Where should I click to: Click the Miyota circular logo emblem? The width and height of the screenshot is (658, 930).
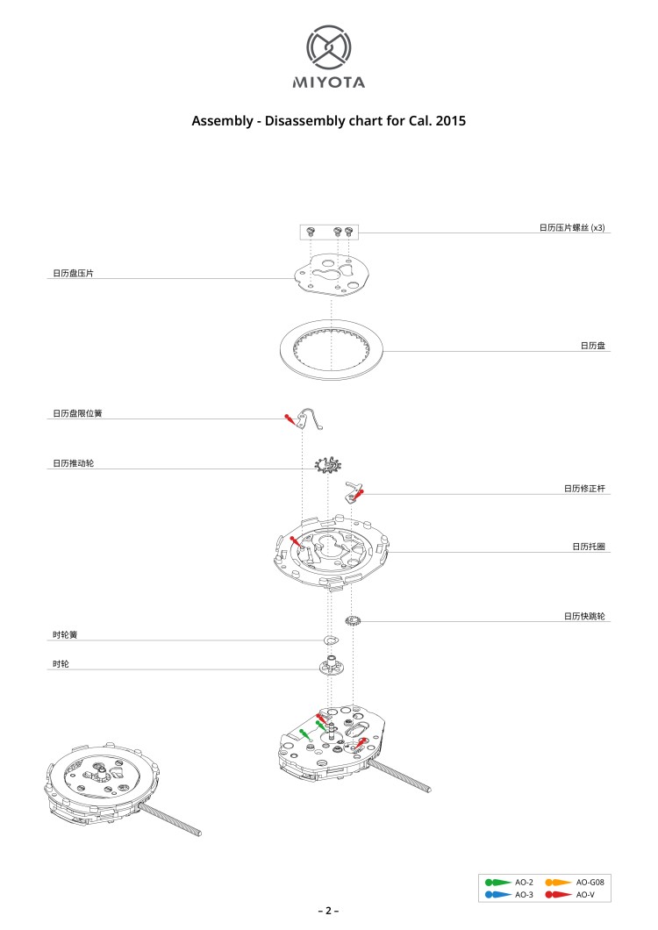click(x=329, y=47)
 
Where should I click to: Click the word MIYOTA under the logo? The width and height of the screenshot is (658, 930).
click(x=329, y=82)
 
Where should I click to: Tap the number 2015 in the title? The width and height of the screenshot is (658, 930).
click(x=450, y=121)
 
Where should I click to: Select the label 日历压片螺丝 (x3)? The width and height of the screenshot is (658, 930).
click(x=572, y=228)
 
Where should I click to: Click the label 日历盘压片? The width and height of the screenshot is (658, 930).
click(x=73, y=274)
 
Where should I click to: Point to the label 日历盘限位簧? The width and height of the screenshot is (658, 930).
click(x=77, y=413)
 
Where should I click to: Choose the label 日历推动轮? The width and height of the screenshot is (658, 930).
click(x=73, y=463)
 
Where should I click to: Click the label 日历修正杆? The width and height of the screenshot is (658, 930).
click(x=584, y=489)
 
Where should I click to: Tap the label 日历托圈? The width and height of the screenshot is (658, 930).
click(x=589, y=547)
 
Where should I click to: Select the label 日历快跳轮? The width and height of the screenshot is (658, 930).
click(x=584, y=616)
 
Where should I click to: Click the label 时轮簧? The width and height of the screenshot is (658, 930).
click(x=65, y=634)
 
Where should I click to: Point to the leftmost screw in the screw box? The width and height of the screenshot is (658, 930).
click(x=311, y=232)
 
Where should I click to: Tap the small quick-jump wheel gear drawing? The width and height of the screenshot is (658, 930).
click(x=353, y=621)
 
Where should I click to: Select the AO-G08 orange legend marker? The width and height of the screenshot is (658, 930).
click(x=558, y=883)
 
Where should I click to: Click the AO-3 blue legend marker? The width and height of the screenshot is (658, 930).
click(x=497, y=894)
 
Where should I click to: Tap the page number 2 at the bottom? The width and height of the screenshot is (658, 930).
click(x=328, y=911)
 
